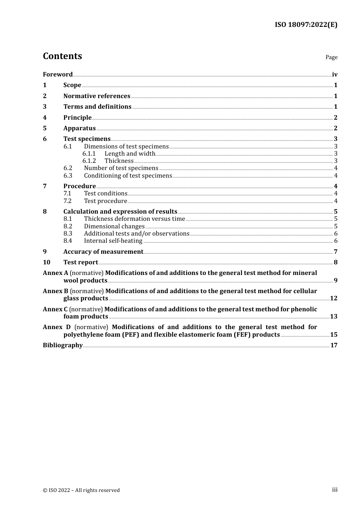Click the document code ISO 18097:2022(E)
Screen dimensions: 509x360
click(x=306, y=25)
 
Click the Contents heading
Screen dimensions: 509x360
click(x=62, y=56)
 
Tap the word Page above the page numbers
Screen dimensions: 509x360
click(x=331, y=57)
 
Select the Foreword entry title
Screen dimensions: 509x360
click(x=58, y=75)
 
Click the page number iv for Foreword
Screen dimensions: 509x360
click(x=335, y=75)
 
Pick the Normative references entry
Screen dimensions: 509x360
click(x=97, y=96)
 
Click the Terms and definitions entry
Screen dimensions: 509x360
click(x=97, y=107)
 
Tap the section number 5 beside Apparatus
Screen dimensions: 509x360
click(x=45, y=128)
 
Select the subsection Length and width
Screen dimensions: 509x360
click(x=130, y=154)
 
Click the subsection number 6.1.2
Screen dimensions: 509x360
click(x=89, y=161)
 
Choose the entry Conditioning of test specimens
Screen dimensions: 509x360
click(x=128, y=176)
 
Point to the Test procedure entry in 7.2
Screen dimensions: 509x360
click(x=105, y=201)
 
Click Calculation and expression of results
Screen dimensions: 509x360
click(x=120, y=212)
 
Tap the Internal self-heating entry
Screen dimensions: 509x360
click(x=113, y=241)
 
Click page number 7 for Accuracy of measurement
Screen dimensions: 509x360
click(x=335, y=252)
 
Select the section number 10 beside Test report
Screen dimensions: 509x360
click(x=46, y=262)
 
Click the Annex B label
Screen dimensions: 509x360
click(x=55, y=291)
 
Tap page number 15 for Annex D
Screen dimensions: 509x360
click(x=333, y=335)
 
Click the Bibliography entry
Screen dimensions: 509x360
click(x=63, y=345)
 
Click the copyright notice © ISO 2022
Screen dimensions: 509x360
click(x=81, y=490)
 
